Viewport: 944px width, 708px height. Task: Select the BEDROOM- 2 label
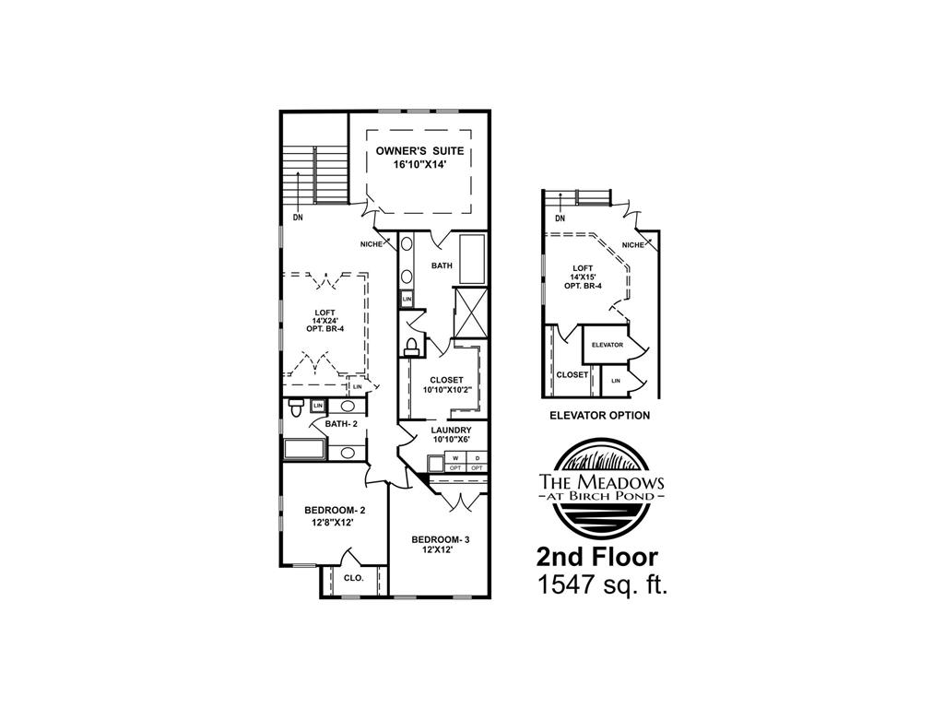click(336, 511)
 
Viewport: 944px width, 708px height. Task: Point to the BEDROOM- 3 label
click(441, 540)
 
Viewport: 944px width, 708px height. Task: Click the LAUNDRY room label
click(451, 430)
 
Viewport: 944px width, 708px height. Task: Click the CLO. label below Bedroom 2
click(354, 578)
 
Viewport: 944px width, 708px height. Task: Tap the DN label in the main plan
click(298, 218)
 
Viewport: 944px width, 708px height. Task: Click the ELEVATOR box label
click(608, 345)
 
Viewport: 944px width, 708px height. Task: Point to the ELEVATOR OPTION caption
click(599, 416)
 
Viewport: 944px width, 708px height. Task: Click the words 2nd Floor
click(597, 557)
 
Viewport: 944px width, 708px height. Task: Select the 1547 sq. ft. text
click(601, 584)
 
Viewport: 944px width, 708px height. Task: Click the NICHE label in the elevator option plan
click(632, 244)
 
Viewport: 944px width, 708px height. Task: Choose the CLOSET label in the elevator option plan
click(572, 375)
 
